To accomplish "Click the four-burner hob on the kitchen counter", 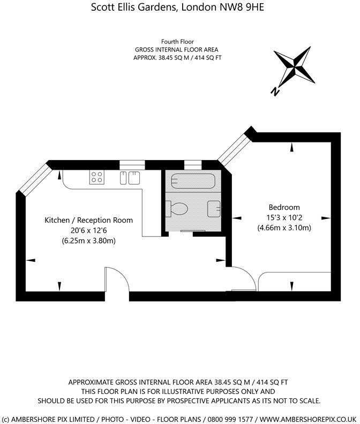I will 97,177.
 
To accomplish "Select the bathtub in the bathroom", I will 191,181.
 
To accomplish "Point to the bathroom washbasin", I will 214,207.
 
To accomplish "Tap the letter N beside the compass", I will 275,92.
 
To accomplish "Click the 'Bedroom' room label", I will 284,207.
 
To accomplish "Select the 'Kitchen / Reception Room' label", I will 88,220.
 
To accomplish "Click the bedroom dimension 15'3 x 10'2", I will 284,217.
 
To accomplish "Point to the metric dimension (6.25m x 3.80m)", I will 88,240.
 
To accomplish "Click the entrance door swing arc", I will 117,278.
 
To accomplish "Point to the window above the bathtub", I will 192,164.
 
